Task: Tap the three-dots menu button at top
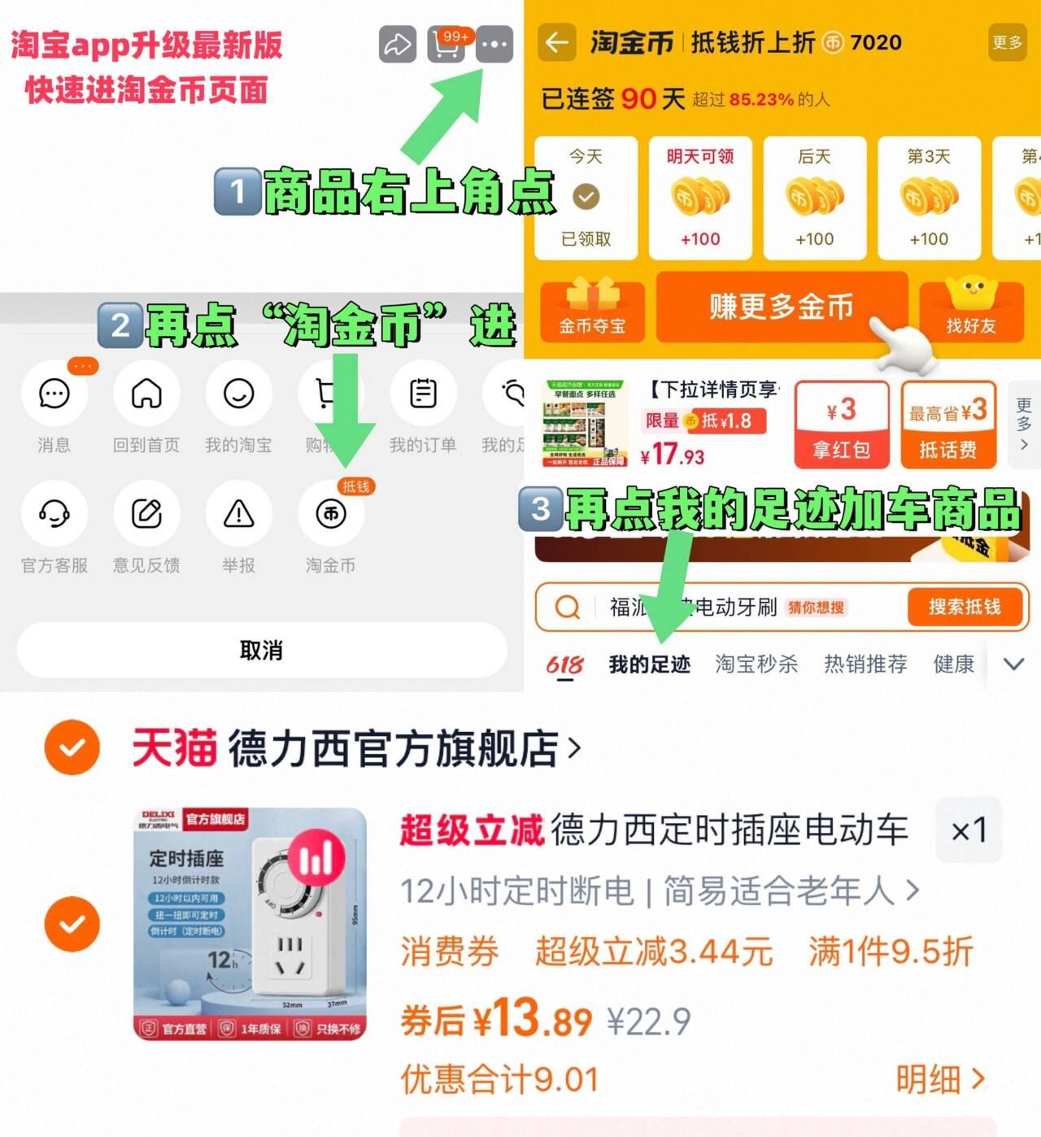pyautogui.click(x=494, y=44)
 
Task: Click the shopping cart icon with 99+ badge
pyautogui.click(x=446, y=45)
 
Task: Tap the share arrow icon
pyautogui.click(x=398, y=44)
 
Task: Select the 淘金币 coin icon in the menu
pyautogui.click(x=331, y=514)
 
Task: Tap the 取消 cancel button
pyautogui.click(x=261, y=651)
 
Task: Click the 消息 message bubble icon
pyautogui.click(x=54, y=394)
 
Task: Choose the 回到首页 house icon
pyautogui.click(x=146, y=394)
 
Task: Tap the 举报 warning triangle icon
pyautogui.click(x=238, y=514)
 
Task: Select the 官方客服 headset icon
pyautogui.click(x=54, y=514)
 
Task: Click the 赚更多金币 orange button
pyautogui.click(x=781, y=307)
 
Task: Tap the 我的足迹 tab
pyautogui.click(x=649, y=664)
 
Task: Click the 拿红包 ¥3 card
pyautogui.click(x=842, y=425)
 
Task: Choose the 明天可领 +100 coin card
pyautogui.click(x=700, y=198)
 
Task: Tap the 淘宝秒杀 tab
pyautogui.click(x=756, y=664)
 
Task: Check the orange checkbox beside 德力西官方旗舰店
pyautogui.click(x=72, y=747)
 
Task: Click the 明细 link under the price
pyautogui.click(x=940, y=1080)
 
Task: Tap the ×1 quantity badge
pyautogui.click(x=969, y=830)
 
